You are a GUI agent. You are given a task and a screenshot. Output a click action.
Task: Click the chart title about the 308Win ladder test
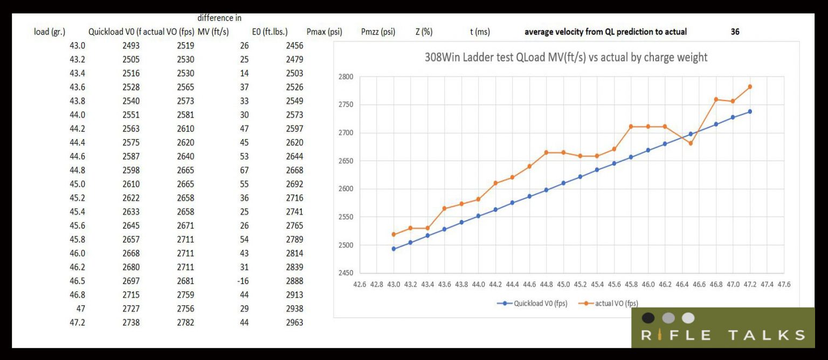tap(566, 57)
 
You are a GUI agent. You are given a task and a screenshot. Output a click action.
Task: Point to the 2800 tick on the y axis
tap(345, 77)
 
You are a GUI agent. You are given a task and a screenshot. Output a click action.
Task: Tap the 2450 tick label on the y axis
tap(345, 273)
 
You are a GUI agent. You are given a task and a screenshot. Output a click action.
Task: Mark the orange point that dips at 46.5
tap(691, 143)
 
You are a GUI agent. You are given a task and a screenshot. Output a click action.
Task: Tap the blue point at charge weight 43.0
tap(394, 249)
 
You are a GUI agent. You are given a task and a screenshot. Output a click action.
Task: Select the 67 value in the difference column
tap(244, 170)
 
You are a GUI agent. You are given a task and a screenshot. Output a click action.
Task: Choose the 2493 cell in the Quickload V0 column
tap(131, 46)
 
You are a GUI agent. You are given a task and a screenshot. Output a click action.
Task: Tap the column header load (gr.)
tap(50, 32)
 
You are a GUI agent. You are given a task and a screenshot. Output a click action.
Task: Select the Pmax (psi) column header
tap(324, 32)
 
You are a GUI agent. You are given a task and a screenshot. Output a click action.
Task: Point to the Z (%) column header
tap(424, 32)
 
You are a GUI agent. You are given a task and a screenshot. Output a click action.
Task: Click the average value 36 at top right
tap(735, 32)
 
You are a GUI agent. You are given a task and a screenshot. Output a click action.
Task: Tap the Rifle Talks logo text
tap(723, 335)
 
